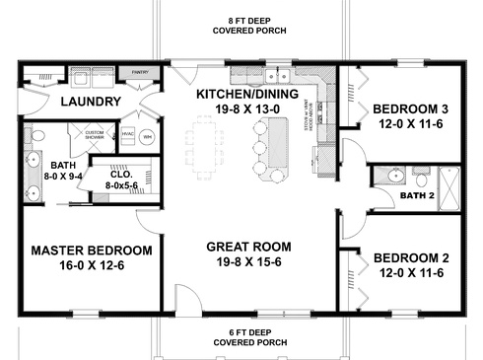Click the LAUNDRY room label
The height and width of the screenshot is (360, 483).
click(90, 102)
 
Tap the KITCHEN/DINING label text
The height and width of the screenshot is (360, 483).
click(241, 95)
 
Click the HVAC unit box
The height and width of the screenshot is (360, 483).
click(127, 135)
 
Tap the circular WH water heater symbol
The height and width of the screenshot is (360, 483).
click(148, 135)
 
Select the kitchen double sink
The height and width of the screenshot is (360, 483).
click(280, 75)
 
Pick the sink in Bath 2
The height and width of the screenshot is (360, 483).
click(386, 179)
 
